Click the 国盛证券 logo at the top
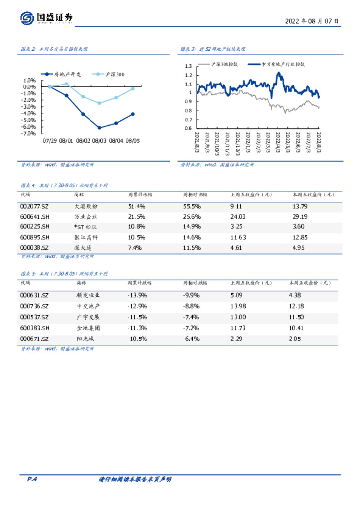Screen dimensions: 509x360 pos(47,19)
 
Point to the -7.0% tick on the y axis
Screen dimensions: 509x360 pos(29,134)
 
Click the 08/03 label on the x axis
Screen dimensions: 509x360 pos(99,141)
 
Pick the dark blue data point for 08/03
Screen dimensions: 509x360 pos(99,128)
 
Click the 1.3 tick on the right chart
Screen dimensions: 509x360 pos(188,66)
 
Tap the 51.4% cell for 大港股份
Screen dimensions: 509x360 pos(136,206)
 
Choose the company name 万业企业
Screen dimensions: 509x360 pos(86,217)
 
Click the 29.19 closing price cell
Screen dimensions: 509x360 pos(300,217)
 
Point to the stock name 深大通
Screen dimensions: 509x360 pos(83,247)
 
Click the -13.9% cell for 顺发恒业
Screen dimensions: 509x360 pos(137,295)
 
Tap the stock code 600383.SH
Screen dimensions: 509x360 pos(35,328)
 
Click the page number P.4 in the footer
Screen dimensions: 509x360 pos(32,479)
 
